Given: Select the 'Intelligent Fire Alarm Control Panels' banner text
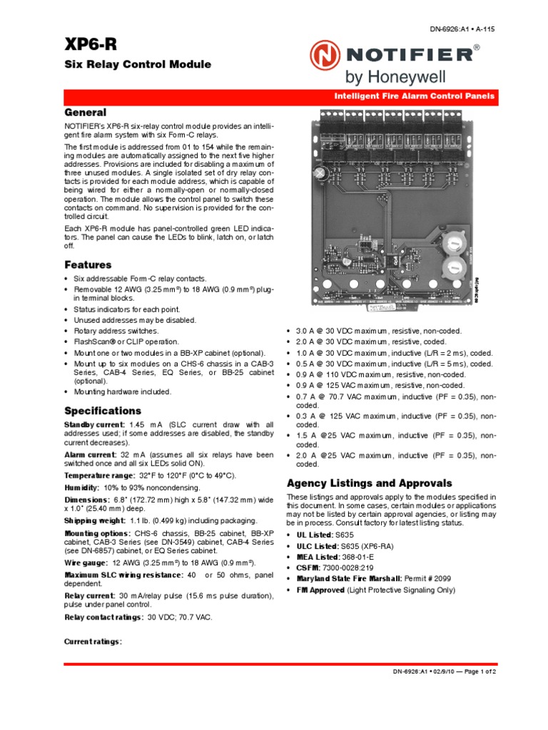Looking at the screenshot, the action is pyautogui.click(x=415, y=96).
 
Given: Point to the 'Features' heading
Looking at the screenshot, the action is pyautogui.click(x=88, y=264).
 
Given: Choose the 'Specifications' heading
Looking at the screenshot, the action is pyautogui.click(x=103, y=411).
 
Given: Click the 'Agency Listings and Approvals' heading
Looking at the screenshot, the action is pyautogui.click(x=369, y=482).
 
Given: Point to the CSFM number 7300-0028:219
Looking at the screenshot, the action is pyautogui.click(x=352, y=567).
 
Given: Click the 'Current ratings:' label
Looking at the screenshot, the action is pyautogui.click(x=93, y=642).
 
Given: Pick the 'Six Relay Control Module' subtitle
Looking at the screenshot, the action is pyautogui.click(x=138, y=64).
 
